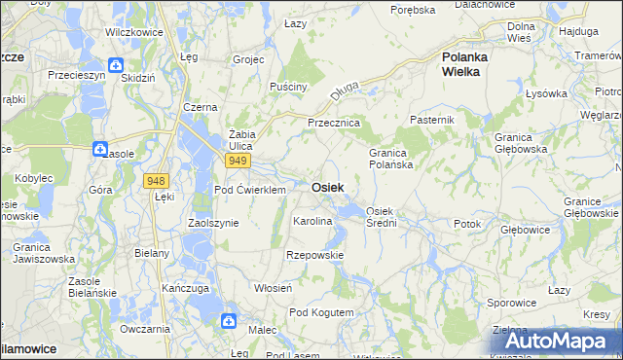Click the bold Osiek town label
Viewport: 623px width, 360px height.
[x=326, y=187]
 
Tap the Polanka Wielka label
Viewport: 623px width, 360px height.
[x=472, y=64]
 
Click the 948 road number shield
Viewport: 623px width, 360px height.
[x=155, y=181]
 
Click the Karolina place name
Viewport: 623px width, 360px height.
[x=312, y=222]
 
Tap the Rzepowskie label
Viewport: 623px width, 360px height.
[x=313, y=255]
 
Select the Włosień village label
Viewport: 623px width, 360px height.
[x=273, y=289]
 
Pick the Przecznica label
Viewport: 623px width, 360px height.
[x=334, y=124]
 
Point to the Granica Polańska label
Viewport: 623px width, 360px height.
[x=399, y=159]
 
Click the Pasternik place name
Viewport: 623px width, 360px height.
[x=432, y=120]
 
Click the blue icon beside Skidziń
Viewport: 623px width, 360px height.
[x=116, y=66]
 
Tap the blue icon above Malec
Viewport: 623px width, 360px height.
[x=229, y=320]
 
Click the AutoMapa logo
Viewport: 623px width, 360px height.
[x=552, y=342]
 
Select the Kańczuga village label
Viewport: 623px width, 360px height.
[x=187, y=289]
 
